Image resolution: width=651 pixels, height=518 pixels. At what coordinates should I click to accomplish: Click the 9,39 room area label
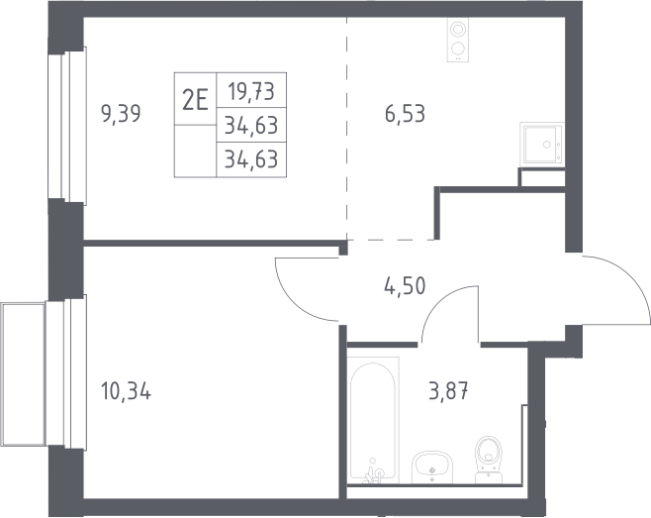click(x=121, y=114)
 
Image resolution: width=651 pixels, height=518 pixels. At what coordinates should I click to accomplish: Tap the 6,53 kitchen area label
click(x=405, y=114)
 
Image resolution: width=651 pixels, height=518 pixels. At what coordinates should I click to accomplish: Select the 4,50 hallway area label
click(x=405, y=286)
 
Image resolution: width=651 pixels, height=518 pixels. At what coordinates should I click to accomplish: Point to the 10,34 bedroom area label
click(x=126, y=391)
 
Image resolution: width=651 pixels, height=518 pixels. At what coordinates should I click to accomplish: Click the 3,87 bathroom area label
click(x=448, y=391)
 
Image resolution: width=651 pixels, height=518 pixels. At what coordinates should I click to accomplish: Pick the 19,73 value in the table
click(x=251, y=91)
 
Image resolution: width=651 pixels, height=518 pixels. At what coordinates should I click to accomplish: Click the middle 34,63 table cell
click(x=251, y=125)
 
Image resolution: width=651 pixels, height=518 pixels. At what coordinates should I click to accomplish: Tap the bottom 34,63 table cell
click(x=251, y=159)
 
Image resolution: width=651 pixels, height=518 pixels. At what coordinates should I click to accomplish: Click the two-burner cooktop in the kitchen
click(x=458, y=40)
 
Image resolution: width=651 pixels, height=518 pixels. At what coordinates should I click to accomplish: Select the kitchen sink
click(x=542, y=144)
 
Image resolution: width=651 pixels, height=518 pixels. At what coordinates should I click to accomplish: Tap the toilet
click(x=489, y=460)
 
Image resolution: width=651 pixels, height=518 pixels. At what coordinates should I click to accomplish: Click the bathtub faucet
click(x=374, y=471)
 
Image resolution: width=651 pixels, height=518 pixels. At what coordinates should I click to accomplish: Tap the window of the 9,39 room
click(x=67, y=126)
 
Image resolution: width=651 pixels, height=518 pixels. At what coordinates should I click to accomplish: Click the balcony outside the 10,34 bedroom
click(x=24, y=373)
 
